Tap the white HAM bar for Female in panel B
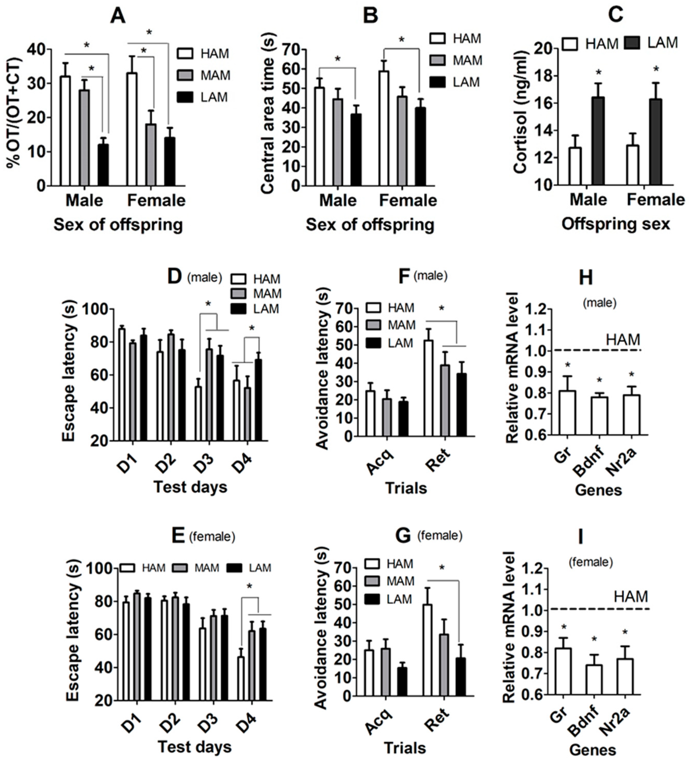pos(384,129)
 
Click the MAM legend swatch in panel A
pos(185,75)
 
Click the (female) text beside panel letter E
pos(212,536)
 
